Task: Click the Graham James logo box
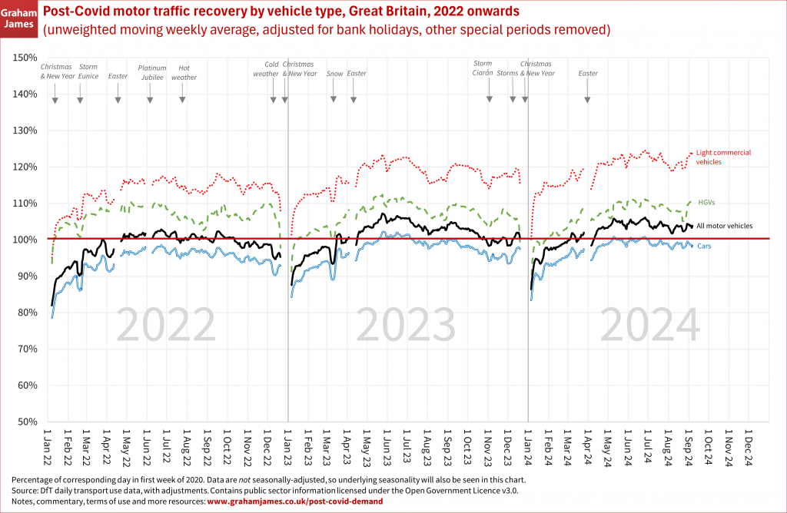19,18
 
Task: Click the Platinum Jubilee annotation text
152,72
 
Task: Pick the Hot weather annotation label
183,72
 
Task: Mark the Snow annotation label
335,74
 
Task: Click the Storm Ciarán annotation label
483,68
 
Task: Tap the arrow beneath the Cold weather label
273,98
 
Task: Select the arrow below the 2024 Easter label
588,97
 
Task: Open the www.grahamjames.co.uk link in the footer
294,501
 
